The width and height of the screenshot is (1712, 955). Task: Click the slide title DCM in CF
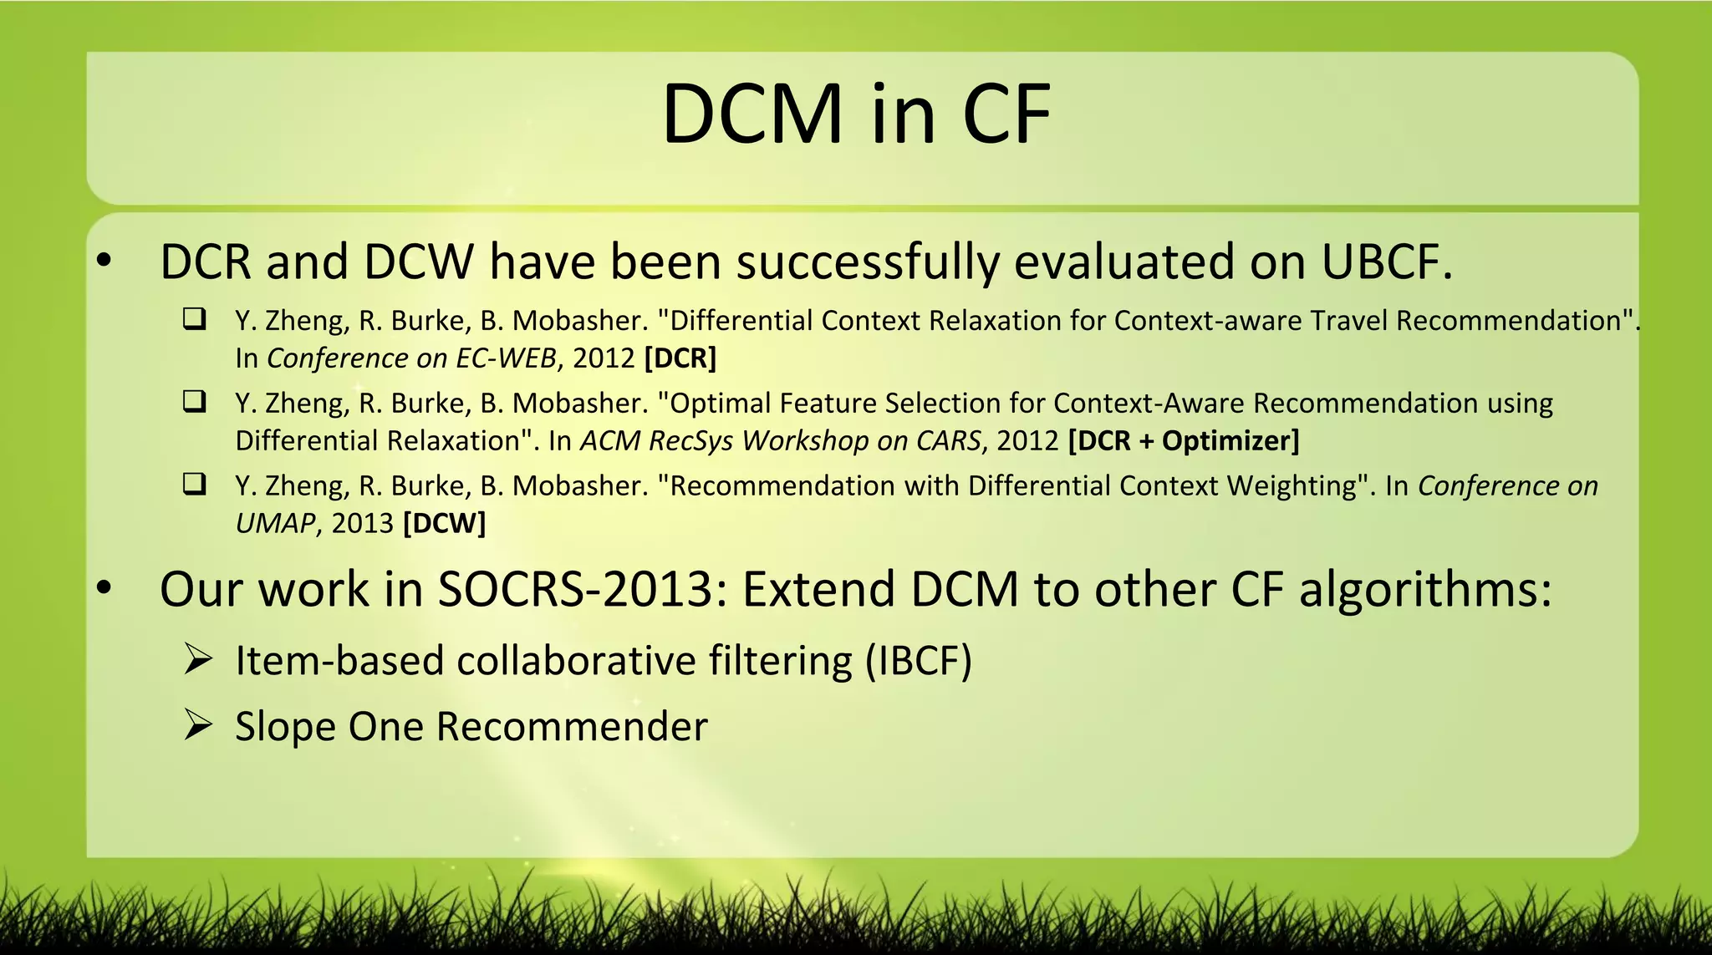tap(856, 114)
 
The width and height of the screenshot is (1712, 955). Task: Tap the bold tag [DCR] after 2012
tap(680, 358)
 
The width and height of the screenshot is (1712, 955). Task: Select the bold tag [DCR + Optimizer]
tap(1184, 441)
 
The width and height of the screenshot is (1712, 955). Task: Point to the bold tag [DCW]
tap(444, 524)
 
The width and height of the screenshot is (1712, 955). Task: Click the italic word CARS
tap(948, 441)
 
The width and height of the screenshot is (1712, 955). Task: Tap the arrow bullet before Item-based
tap(198, 660)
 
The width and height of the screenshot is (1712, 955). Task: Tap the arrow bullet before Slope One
tap(198, 725)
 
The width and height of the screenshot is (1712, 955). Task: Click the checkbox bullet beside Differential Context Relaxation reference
tap(195, 319)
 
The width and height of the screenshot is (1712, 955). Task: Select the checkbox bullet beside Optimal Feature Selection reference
tap(195, 402)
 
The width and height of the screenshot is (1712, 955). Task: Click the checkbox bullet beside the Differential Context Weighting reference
tap(195, 484)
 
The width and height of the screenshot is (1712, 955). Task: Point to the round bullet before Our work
tap(104, 588)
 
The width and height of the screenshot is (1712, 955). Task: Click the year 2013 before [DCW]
tap(362, 524)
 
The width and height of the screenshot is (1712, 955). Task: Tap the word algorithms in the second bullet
tap(1424, 590)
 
